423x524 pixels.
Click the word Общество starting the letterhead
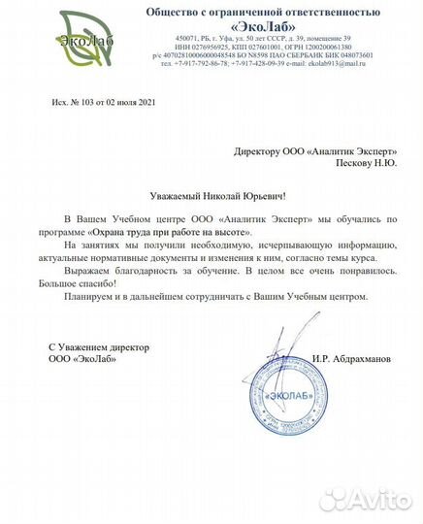[168, 12]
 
